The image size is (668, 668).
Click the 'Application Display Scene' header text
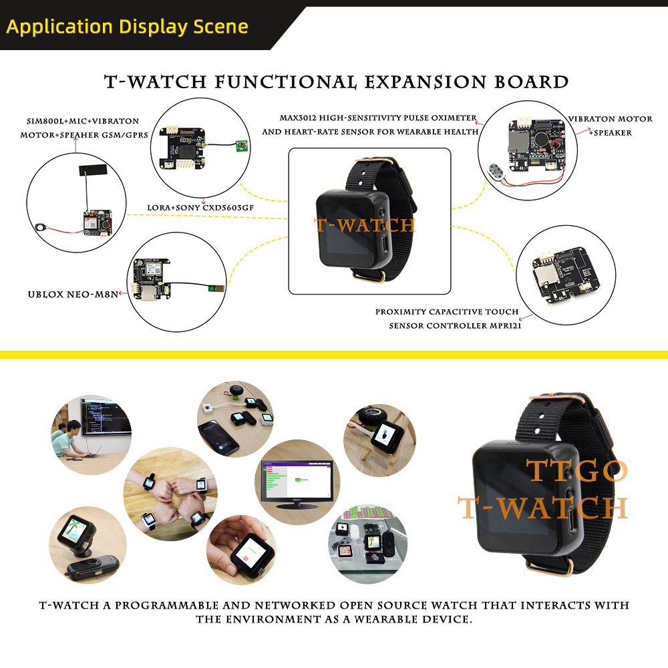point(127,27)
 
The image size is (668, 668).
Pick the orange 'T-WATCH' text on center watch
point(365,226)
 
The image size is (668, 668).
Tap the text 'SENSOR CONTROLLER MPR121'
point(455,326)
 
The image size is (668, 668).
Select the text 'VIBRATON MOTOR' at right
point(610,119)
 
